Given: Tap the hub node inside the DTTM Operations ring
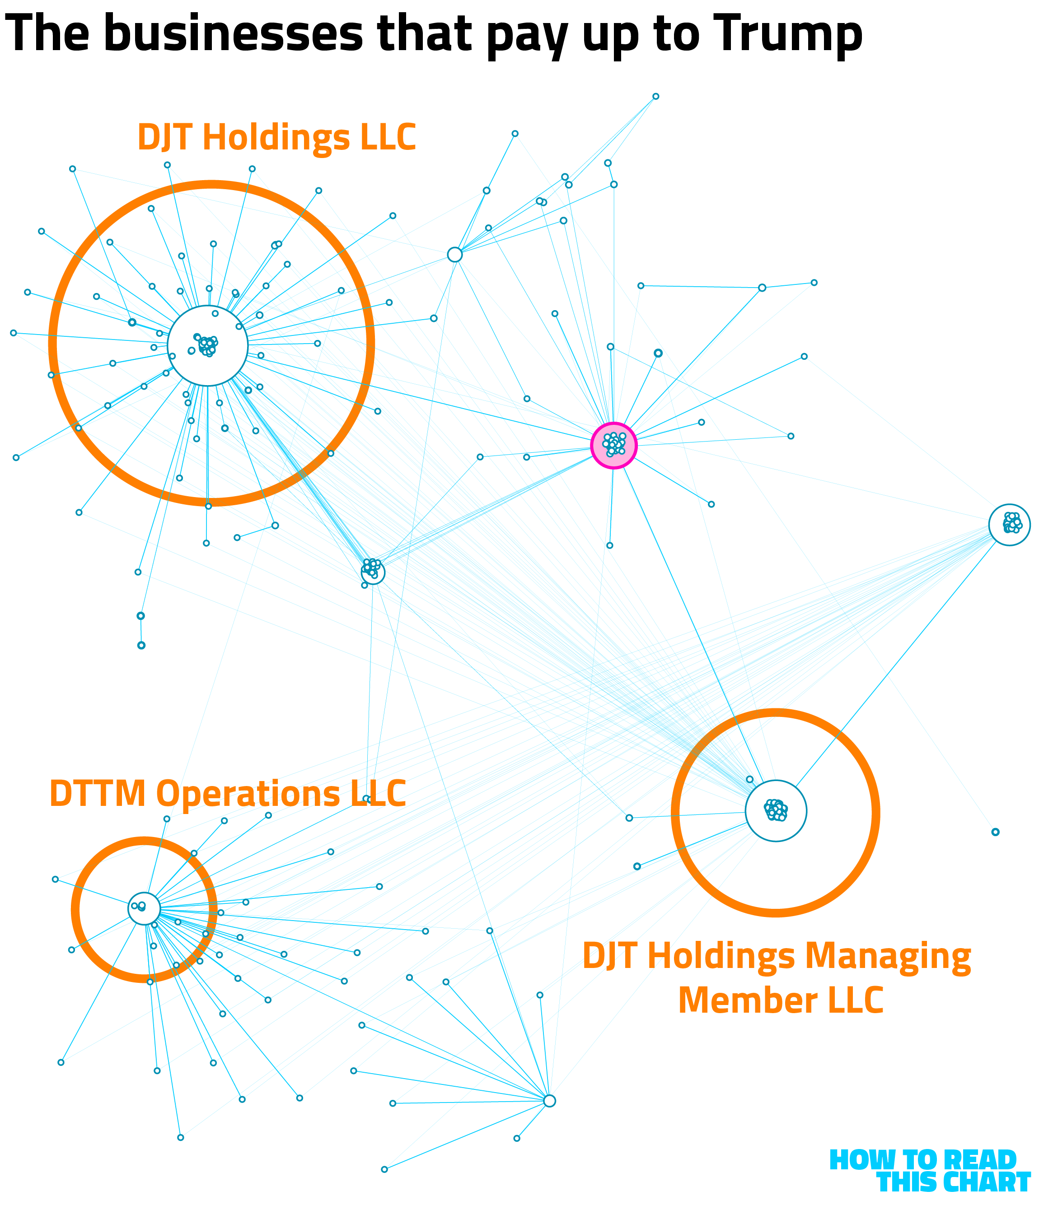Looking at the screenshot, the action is click(144, 908).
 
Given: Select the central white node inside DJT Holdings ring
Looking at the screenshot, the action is click(208, 345).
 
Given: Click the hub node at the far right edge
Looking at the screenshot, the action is click(1009, 525).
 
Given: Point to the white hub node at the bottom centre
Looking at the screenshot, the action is click(549, 1101).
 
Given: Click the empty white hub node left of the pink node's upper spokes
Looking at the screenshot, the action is click(455, 255).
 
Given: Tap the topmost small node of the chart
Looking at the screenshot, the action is click(655, 97).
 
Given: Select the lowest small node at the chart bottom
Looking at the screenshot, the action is click(384, 1169).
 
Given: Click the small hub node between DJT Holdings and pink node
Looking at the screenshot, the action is click(373, 572).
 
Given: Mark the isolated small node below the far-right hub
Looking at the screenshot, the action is click(995, 832).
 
